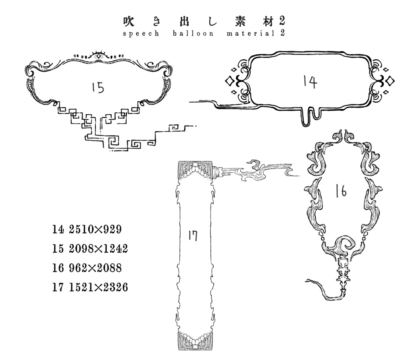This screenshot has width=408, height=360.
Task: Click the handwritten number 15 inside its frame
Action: tap(98, 87)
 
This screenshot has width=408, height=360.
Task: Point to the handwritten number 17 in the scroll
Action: tap(193, 236)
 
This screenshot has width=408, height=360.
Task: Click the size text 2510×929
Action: tap(95, 229)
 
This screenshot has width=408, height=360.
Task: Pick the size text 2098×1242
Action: tap(98, 248)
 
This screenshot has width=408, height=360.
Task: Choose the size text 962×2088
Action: tap(95, 268)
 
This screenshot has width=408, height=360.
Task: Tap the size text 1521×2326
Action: tap(98, 288)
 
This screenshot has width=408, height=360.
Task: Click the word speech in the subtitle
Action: tap(141, 34)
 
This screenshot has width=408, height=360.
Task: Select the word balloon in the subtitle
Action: tap(193, 33)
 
